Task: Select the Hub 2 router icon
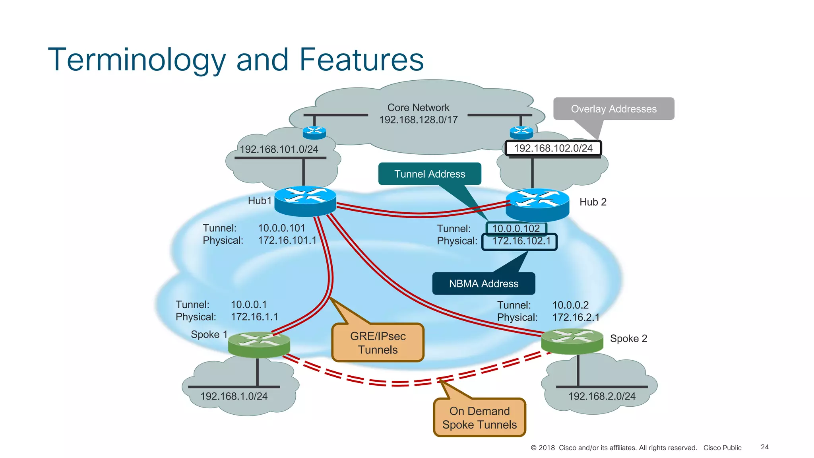tap(537, 204)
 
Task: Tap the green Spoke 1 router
tap(259, 344)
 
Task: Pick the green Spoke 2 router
tap(572, 341)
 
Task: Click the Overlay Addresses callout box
tap(613, 109)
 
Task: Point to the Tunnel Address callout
tap(430, 174)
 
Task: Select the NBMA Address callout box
tap(483, 283)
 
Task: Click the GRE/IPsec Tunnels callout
tap(378, 343)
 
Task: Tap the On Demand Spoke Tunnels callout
tap(479, 417)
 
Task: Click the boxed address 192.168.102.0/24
tap(553, 148)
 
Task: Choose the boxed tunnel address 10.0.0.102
tap(516, 229)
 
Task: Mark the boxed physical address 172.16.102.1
tap(521, 241)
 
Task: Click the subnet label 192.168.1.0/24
tap(234, 396)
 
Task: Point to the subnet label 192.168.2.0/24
tap(601, 396)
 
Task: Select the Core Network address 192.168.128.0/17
tap(418, 120)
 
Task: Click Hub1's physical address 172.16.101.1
tap(287, 241)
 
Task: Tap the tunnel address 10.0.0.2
tap(570, 305)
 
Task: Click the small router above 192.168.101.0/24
tap(314, 132)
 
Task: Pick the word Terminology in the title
tap(137, 60)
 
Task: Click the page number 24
tap(764, 447)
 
